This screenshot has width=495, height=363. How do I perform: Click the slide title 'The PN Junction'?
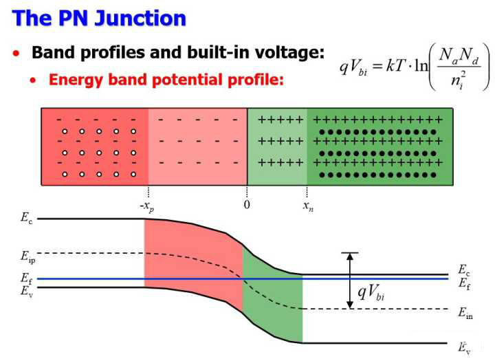[100, 17]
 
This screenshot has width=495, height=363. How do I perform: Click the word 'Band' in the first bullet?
[54, 52]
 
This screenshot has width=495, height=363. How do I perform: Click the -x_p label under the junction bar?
[146, 206]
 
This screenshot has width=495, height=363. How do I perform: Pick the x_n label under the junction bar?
[307, 206]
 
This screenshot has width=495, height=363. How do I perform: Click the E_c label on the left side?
[26, 219]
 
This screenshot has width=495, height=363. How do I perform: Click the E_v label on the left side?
[26, 291]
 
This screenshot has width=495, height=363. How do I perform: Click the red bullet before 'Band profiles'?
[16, 53]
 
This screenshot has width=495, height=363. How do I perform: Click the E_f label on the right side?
[464, 281]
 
